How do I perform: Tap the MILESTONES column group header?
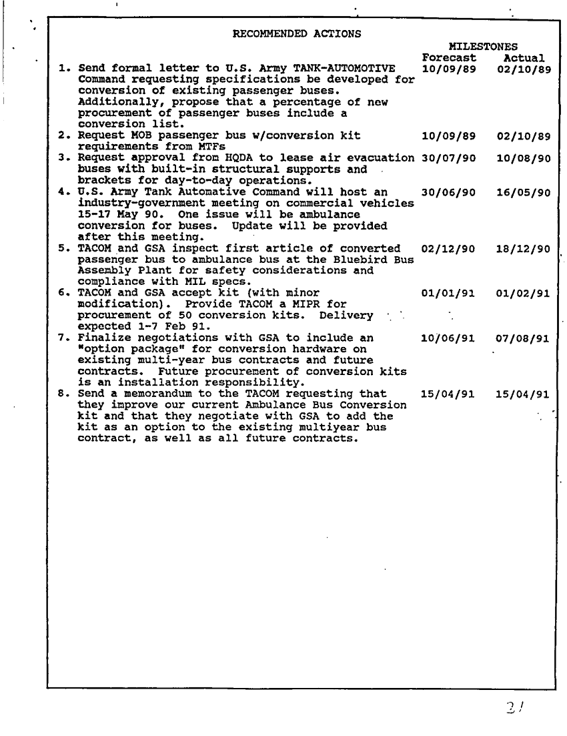(484, 47)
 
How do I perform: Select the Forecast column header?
(448, 58)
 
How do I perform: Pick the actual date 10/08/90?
(524, 158)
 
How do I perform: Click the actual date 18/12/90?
(524, 249)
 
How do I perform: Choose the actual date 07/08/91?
(524, 338)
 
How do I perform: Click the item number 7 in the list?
(61, 338)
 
